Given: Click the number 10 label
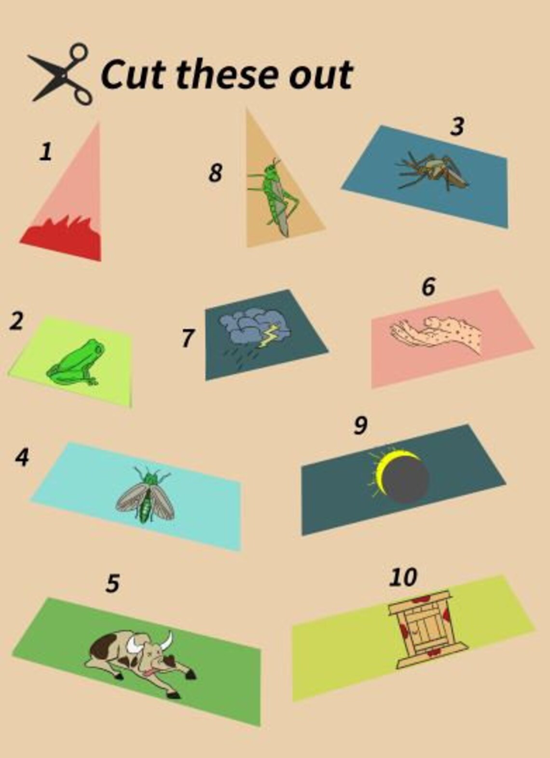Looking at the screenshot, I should tap(403, 577).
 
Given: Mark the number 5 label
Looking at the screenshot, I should tap(112, 583).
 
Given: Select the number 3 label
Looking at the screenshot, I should tap(457, 126).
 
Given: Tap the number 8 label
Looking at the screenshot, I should tap(215, 173).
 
